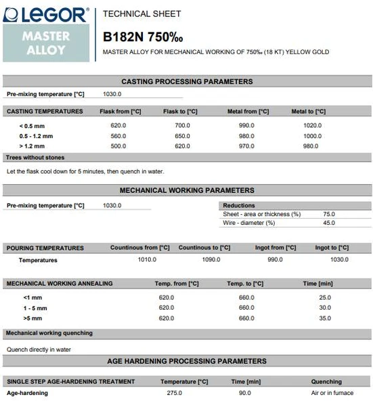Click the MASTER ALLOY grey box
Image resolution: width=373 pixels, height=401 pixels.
click(x=45, y=42)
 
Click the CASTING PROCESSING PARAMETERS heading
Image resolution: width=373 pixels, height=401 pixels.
click(x=187, y=81)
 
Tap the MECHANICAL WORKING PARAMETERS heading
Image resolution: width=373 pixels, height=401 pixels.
click(x=187, y=190)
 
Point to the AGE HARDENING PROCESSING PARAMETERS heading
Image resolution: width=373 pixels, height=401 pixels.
click(x=187, y=361)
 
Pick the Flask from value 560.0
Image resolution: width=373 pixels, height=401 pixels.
click(x=118, y=135)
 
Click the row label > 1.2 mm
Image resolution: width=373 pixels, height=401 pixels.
click(x=32, y=146)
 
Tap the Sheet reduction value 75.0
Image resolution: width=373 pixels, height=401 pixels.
click(x=328, y=214)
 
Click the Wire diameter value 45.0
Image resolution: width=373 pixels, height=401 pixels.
click(x=328, y=223)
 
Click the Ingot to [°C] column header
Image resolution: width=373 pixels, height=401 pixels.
click(x=332, y=248)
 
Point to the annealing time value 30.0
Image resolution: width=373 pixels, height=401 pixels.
click(x=324, y=308)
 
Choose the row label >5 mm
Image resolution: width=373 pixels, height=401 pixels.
click(x=32, y=318)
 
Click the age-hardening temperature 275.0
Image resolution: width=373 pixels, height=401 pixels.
click(x=175, y=393)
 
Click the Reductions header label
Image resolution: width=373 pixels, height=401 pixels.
click(x=239, y=205)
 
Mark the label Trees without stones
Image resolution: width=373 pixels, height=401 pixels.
click(x=32, y=157)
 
